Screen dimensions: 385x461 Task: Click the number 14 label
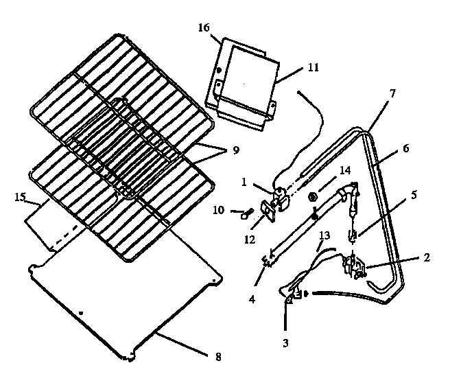pyautogui.click(x=344, y=170)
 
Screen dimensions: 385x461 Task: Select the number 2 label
pyautogui.click(x=427, y=258)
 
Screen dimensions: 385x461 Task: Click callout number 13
pyautogui.click(x=324, y=236)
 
